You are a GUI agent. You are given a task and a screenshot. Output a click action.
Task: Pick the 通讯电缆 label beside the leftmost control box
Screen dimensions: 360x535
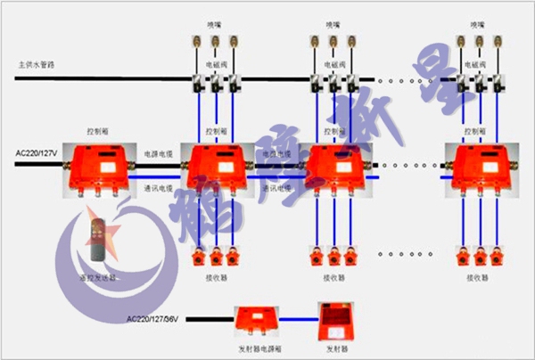click(x=159, y=190)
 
